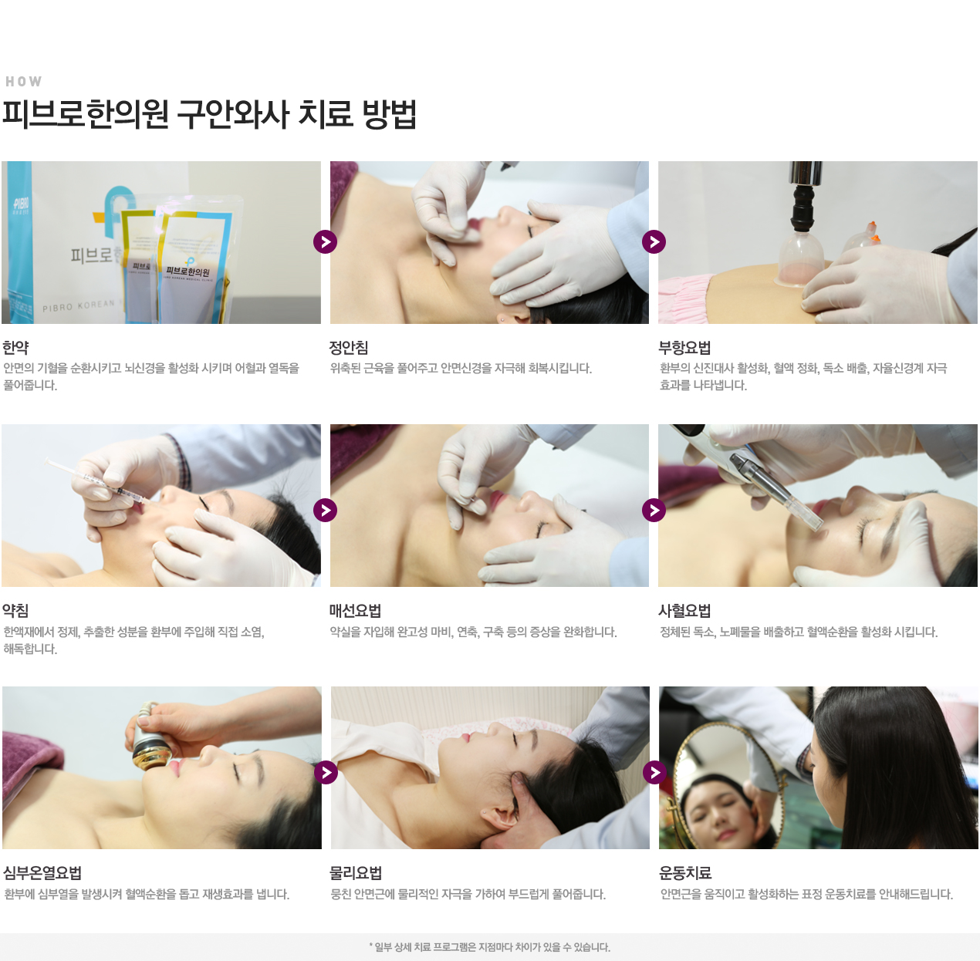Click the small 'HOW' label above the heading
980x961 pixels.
click(23, 81)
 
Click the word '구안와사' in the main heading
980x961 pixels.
click(232, 114)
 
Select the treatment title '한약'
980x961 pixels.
click(15, 348)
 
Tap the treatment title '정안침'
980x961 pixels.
click(349, 348)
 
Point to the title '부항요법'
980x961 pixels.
click(684, 348)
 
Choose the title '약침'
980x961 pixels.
click(15, 611)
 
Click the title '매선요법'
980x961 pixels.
click(356, 611)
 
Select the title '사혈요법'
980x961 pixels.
click(684, 611)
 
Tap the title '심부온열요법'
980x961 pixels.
click(42, 873)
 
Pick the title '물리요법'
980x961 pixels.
click(356, 873)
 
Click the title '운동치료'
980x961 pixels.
click(685, 873)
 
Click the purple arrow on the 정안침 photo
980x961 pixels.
click(325, 242)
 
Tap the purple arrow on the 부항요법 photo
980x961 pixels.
click(654, 242)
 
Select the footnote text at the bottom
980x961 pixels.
click(490, 947)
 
